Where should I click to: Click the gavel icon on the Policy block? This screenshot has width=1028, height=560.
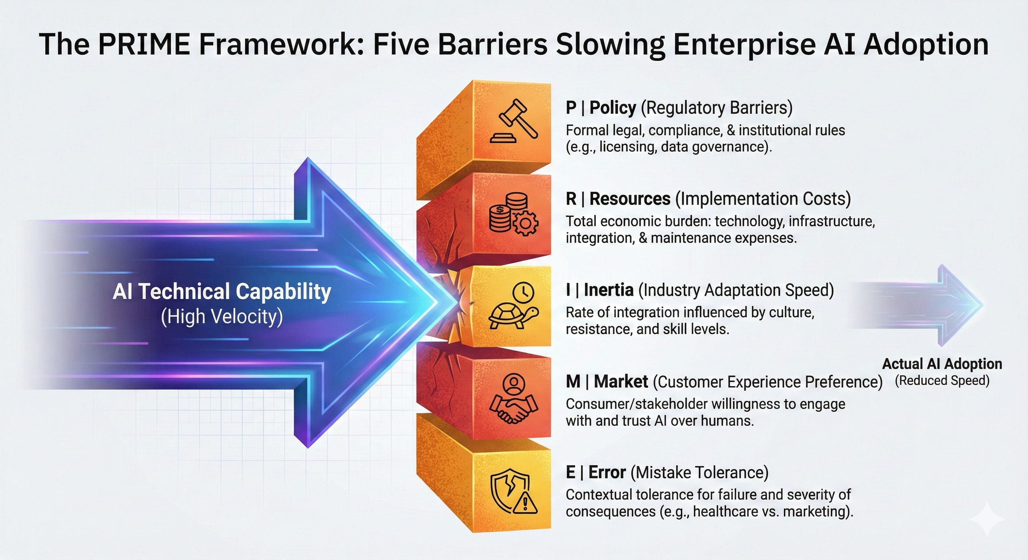(x=514, y=121)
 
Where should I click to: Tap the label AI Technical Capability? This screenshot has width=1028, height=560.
(x=222, y=291)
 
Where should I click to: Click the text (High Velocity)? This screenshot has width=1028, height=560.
(x=222, y=317)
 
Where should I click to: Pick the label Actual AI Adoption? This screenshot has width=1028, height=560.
(x=942, y=364)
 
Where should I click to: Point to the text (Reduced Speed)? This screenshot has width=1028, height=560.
(x=942, y=381)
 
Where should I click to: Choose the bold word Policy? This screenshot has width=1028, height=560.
(x=613, y=108)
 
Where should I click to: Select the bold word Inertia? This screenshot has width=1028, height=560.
(x=609, y=290)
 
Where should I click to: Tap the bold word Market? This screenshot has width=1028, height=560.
(x=621, y=382)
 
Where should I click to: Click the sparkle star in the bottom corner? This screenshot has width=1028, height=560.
(x=986, y=518)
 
